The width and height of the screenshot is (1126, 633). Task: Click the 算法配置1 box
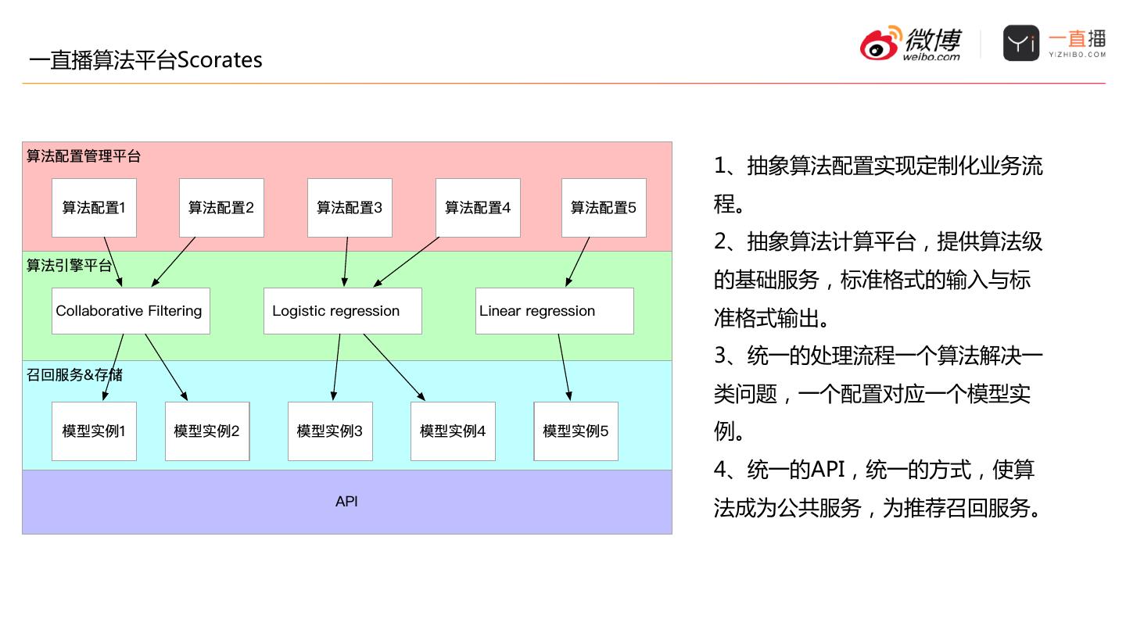point(94,208)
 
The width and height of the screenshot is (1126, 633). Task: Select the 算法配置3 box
point(350,208)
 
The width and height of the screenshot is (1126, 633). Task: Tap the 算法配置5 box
point(604,208)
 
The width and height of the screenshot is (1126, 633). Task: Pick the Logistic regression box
point(342,311)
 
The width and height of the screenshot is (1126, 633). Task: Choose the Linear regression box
point(554,311)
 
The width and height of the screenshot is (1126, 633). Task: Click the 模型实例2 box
point(207,431)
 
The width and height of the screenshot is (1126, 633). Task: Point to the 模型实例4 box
point(453,431)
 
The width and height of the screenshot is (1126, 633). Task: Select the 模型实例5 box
point(576,431)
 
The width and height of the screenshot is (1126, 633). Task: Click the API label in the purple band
point(346,502)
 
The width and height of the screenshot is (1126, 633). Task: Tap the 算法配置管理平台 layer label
point(84,156)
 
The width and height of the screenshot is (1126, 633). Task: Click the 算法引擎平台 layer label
point(69,266)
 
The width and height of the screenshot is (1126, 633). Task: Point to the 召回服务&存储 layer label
point(74,375)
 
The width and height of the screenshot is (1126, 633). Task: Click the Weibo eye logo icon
point(880,45)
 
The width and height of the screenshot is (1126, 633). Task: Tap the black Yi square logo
point(1021,43)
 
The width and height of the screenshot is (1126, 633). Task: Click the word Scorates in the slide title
point(220,60)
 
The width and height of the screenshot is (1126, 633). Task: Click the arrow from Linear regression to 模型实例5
point(565,368)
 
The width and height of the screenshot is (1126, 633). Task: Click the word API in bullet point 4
point(828,470)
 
